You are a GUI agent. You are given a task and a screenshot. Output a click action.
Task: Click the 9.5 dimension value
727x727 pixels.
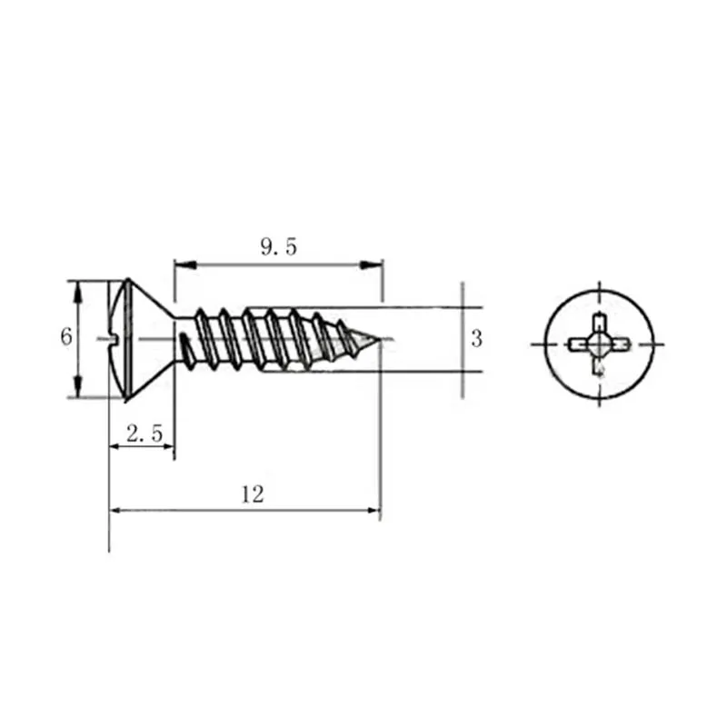click(x=279, y=246)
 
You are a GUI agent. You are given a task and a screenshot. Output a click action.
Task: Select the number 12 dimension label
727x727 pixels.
click(x=253, y=494)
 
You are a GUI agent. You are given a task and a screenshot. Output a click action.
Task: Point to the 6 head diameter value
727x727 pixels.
click(x=65, y=337)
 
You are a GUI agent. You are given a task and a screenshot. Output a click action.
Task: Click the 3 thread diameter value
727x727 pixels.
click(x=476, y=339)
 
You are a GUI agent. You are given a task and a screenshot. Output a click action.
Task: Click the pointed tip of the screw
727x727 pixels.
click(x=378, y=342)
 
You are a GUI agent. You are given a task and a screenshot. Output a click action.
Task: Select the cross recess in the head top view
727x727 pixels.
click(x=598, y=344)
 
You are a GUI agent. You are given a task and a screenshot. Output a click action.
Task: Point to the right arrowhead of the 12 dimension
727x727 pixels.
click(x=372, y=510)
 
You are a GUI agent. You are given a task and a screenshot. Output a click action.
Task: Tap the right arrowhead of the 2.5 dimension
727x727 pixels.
click(x=165, y=447)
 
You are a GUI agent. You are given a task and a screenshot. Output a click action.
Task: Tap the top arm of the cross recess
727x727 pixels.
click(x=598, y=323)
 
